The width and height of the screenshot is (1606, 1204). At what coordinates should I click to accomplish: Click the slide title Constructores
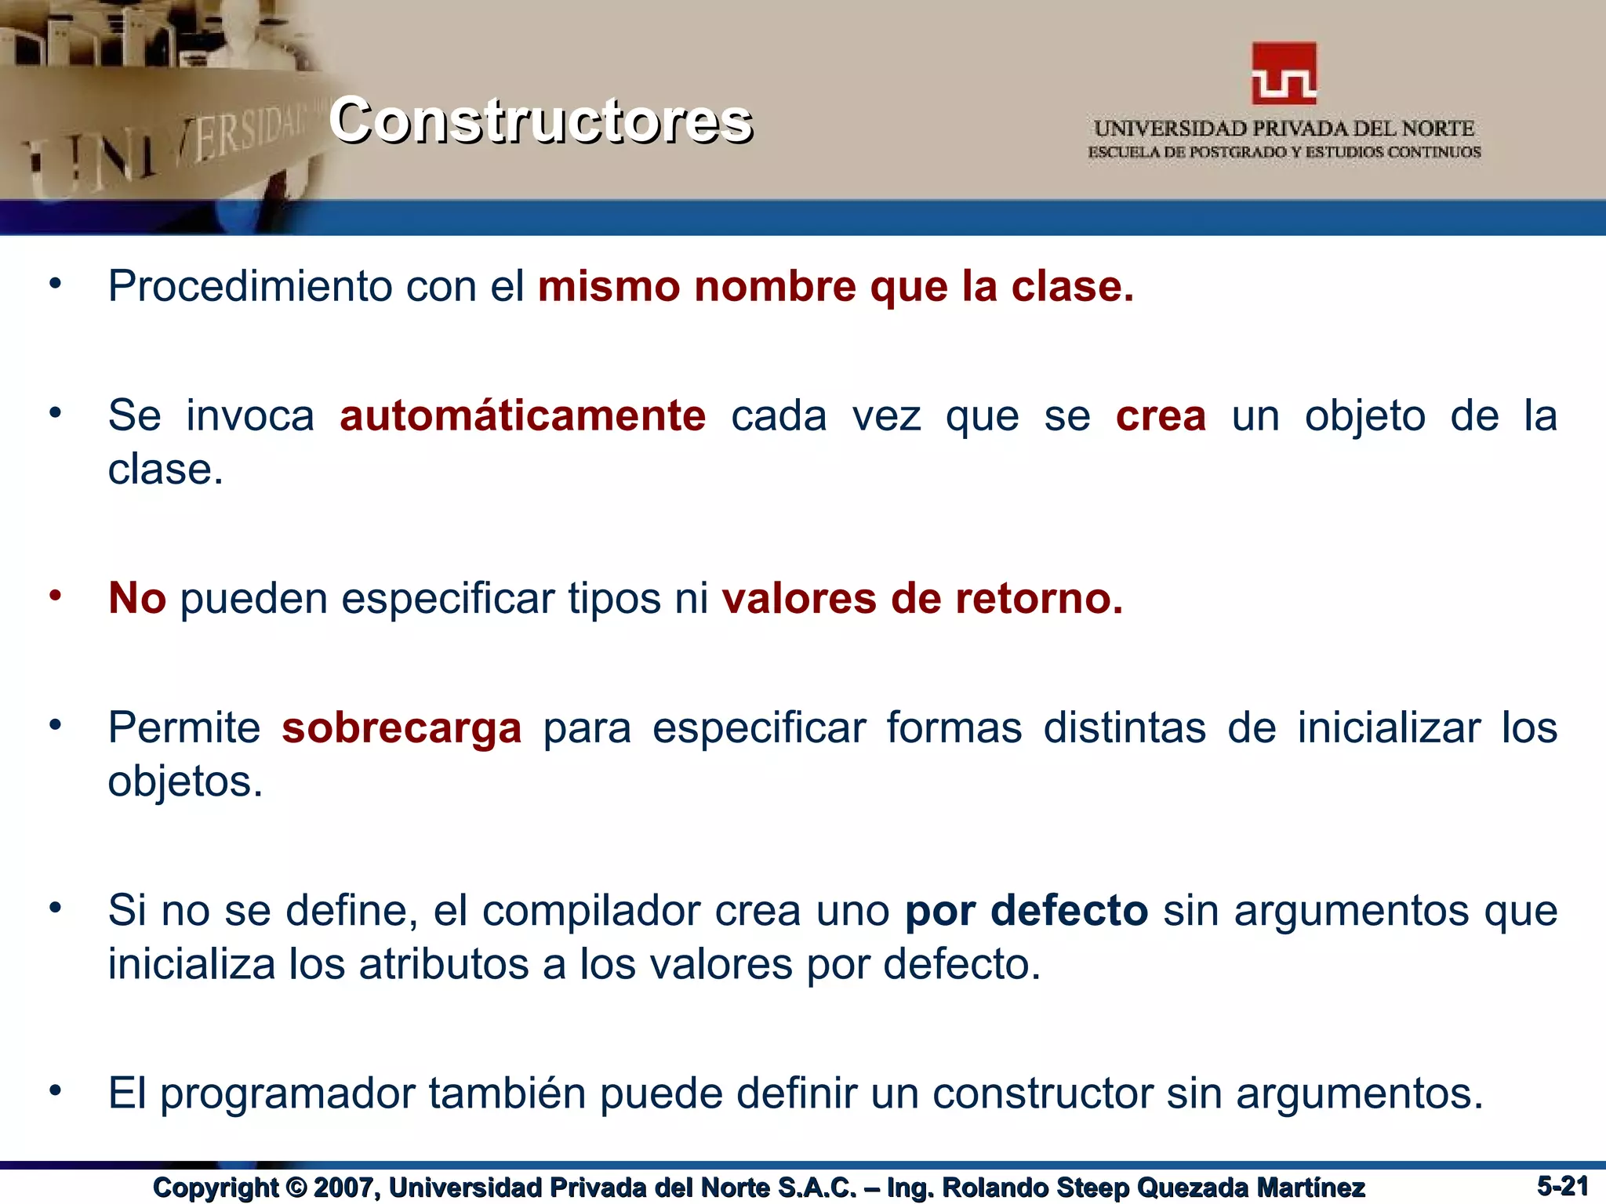coord(540,121)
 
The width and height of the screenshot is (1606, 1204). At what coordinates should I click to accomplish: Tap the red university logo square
coord(1284,74)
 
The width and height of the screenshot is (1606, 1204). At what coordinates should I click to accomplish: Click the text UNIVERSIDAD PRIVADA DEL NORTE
coord(1284,129)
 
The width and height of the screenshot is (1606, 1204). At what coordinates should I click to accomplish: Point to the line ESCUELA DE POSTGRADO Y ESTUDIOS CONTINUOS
coord(1284,152)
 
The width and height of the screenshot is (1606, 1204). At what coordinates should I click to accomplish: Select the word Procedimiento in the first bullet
coord(249,286)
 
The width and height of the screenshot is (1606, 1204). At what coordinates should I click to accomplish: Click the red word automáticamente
coord(522,416)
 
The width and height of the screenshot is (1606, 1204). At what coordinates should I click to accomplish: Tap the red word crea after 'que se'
coord(1161,416)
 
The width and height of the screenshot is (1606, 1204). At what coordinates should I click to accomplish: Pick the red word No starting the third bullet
coord(137,599)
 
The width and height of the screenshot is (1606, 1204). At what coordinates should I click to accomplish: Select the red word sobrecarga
coord(401,728)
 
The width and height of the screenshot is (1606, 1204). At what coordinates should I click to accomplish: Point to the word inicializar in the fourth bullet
coord(1388,728)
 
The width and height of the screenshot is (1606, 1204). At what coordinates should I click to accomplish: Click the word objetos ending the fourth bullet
coord(184,782)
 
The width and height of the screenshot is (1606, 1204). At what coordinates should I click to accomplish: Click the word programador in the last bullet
coord(287,1094)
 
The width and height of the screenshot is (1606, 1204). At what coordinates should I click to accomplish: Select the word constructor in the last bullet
coord(1042,1094)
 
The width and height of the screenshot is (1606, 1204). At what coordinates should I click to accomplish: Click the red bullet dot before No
coord(55,596)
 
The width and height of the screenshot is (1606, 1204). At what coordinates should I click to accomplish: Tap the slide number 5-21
coord(1562,1186)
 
